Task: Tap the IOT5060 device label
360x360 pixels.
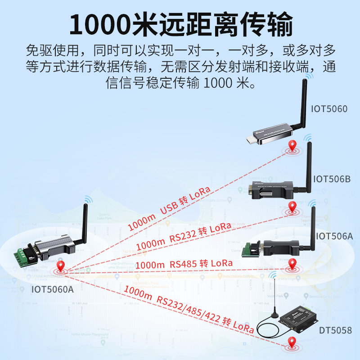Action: click(329, 108)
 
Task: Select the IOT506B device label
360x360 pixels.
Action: click(331, 179)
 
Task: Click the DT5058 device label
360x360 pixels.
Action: click(335, 331)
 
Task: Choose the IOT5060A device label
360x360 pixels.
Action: click(52, 289)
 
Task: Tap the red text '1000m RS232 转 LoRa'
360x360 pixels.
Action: click(184, 237)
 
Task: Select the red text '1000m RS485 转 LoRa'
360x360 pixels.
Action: click(184, 265)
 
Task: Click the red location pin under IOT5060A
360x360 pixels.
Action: click(60, 269)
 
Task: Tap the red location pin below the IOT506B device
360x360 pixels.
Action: click(293, 207)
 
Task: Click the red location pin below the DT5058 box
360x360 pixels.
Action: click(293, 346)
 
